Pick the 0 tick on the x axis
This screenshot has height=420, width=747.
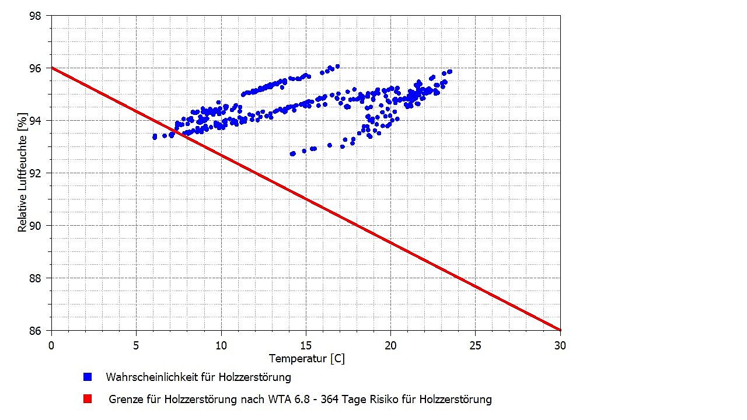(x=51, y=345)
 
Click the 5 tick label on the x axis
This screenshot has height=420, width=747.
(x=136, y=345)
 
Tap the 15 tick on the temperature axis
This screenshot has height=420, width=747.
(x=306, y=345)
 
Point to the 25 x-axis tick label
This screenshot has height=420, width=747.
(x=475, y=345)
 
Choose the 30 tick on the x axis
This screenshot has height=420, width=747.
(x=560, y=345)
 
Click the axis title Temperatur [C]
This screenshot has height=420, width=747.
(x=306, y=358)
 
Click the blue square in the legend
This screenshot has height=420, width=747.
(x=88, y=377)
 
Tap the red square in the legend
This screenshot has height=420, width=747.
(x=88, y=399)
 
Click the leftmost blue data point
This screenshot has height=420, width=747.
(x=155, y=136)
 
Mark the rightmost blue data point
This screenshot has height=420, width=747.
(x=449, y=72)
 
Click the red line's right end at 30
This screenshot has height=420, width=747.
(x=560, y=330)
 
